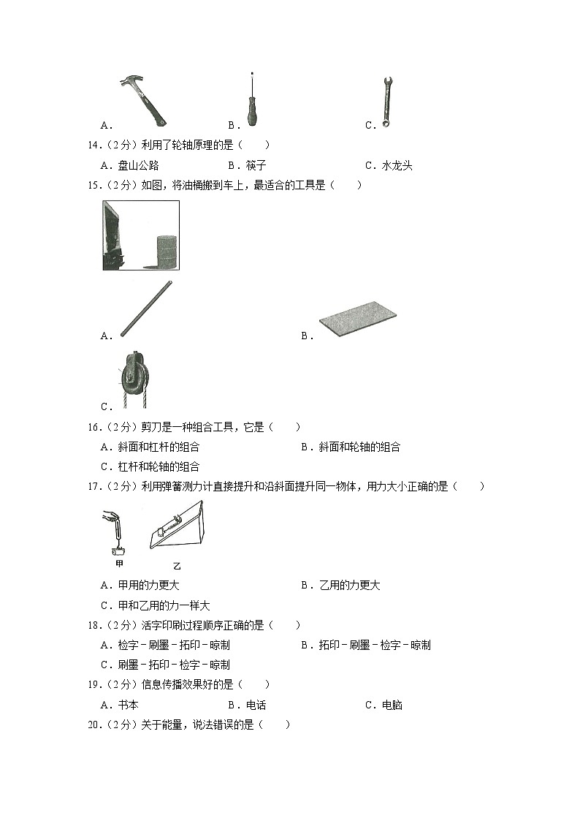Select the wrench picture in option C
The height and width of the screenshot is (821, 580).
click(385, 103)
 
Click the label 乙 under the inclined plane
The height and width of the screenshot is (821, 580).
click(177, 566)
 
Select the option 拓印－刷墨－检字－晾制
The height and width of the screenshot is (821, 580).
click(375, 646)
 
